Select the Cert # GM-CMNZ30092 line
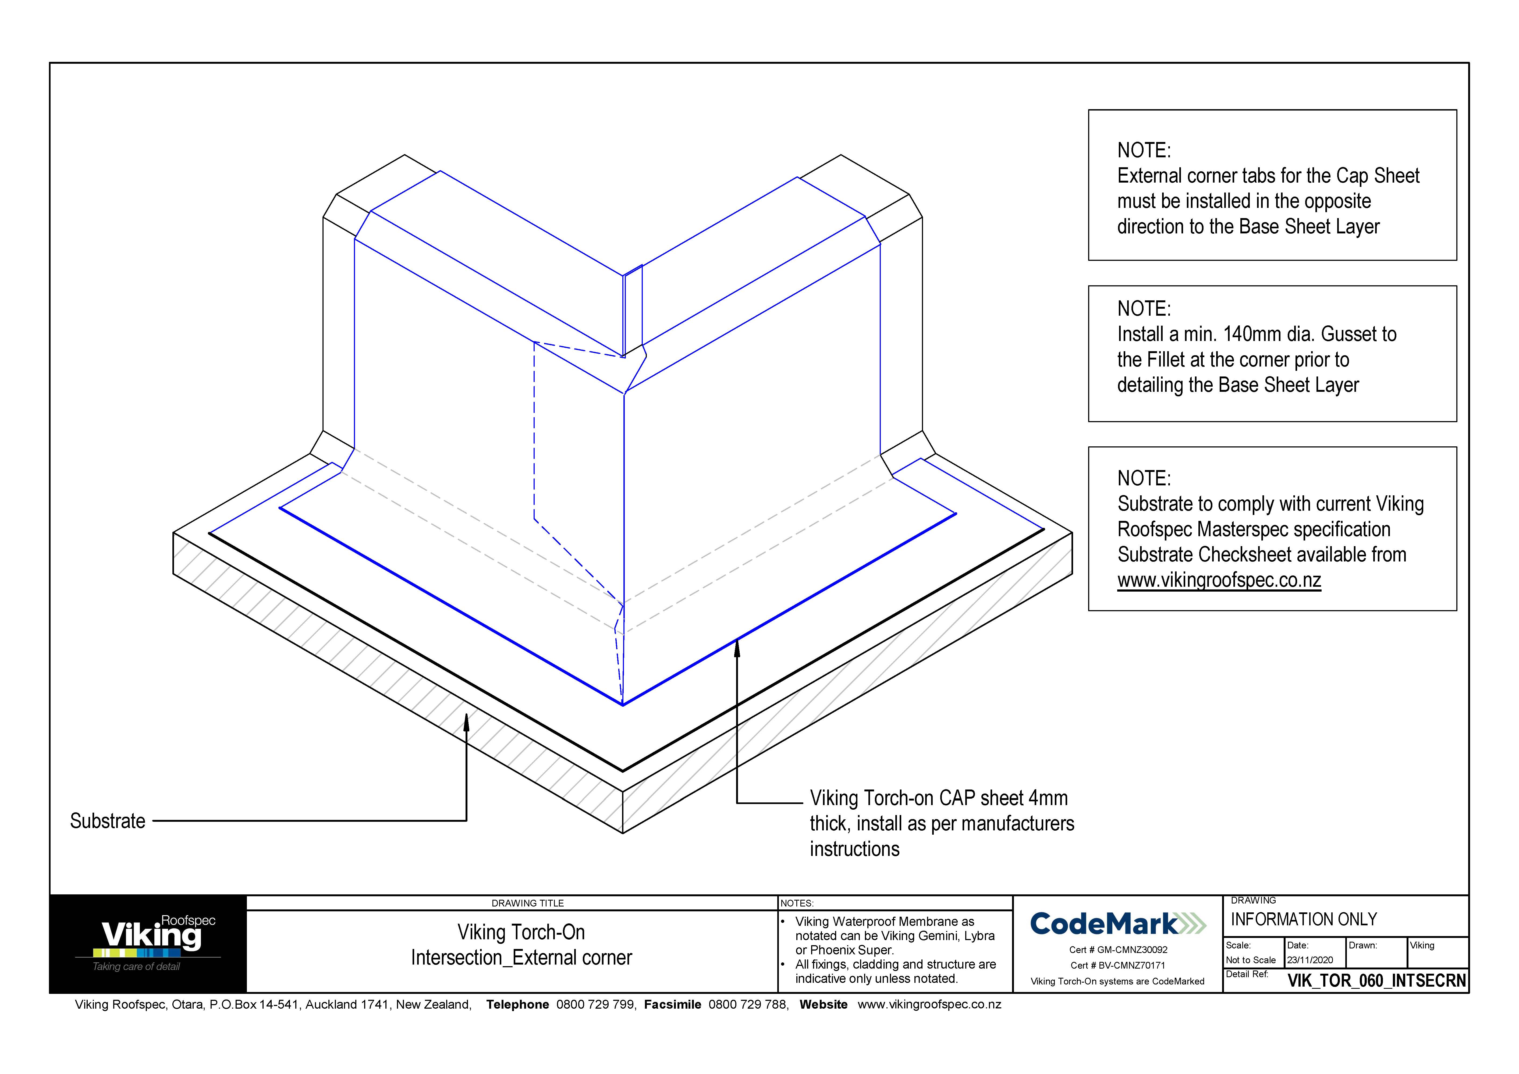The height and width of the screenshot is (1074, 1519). click(1118, 950)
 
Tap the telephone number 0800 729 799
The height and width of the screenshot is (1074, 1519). click(595, 1005)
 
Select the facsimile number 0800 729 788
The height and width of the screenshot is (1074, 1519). click(748, 1005)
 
